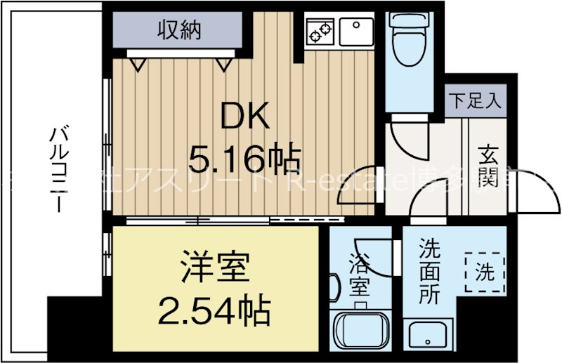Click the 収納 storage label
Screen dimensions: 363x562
coord(178,29)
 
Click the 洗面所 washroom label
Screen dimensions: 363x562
coord(429,272)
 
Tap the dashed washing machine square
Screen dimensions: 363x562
coord(484,272)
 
